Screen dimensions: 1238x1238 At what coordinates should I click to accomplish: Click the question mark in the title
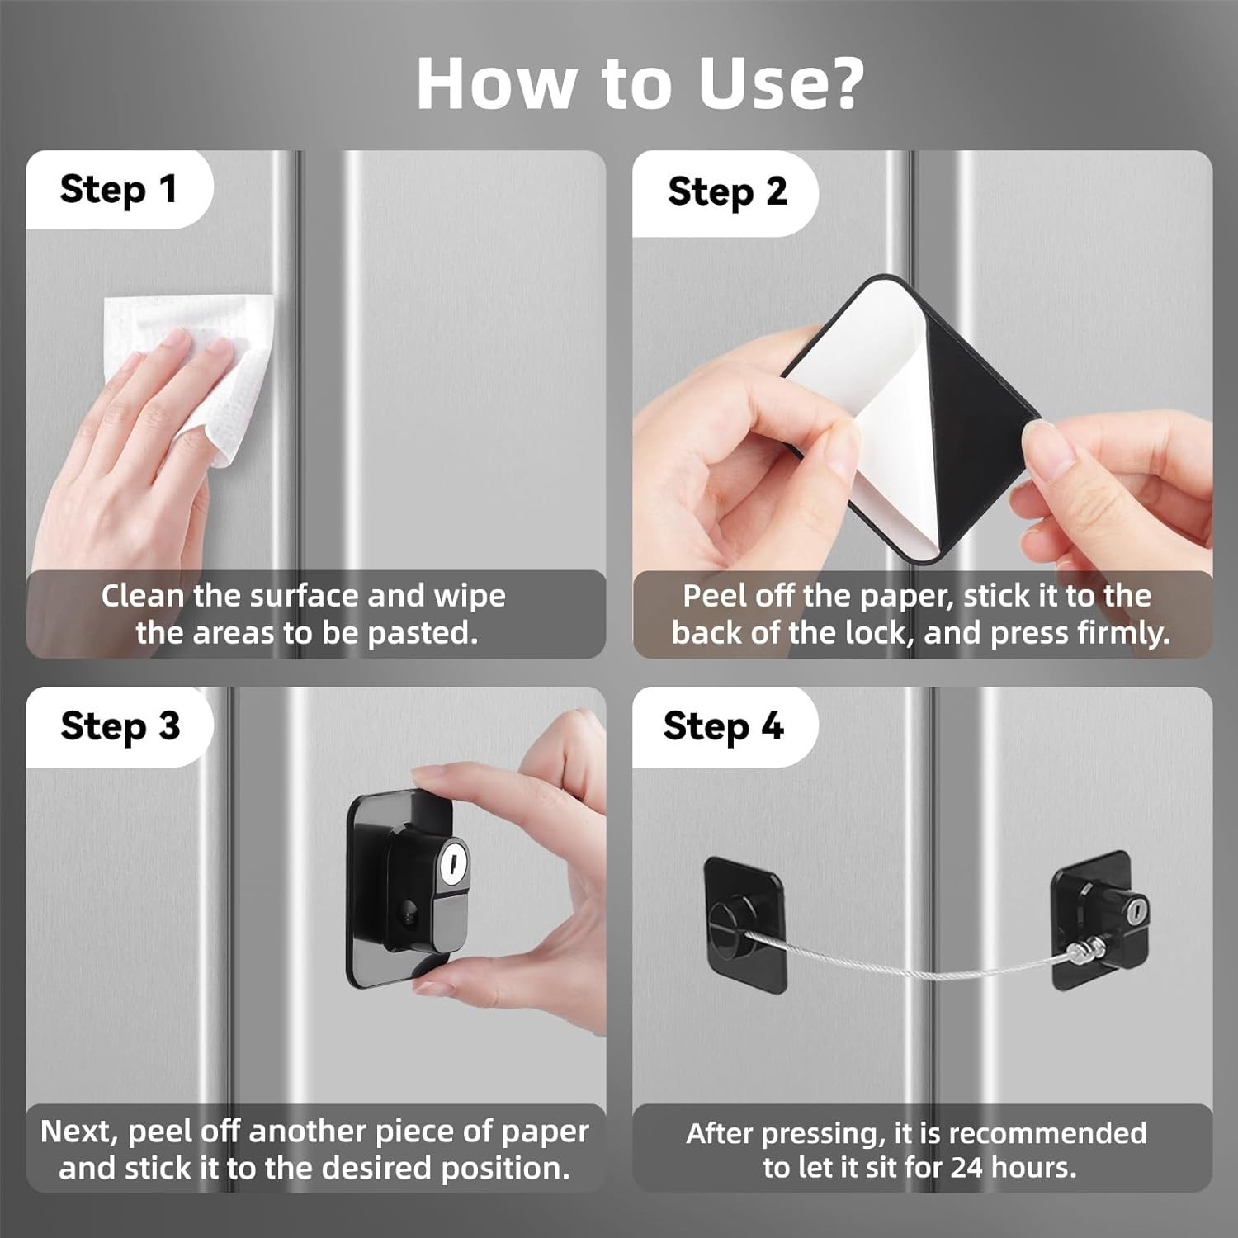[837, 83]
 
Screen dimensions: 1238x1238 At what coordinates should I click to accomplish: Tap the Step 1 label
[119, 189]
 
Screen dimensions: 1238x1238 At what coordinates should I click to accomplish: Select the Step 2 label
[727, 191]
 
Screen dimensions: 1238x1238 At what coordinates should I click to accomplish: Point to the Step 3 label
[120, 726]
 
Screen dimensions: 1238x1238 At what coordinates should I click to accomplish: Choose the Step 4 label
[723, 726]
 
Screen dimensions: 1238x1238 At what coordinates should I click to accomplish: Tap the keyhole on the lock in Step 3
[452, 862]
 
